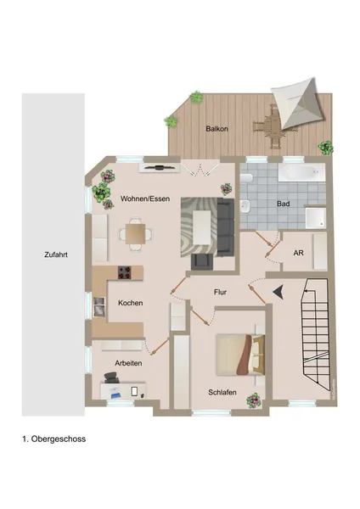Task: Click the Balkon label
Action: coord(217,129)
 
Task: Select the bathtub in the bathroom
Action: coord(301,173)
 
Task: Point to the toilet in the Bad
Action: coord(246,180)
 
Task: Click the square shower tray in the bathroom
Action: coord(314,217)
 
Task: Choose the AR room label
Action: coord(298,253)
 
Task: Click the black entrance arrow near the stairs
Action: coord(278,292)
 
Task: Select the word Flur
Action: coord(220,292)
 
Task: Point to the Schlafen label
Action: coord(222,392)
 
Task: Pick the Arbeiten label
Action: coord(128,362)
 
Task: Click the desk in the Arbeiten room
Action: coord(124,391)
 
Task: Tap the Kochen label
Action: coord(130,303)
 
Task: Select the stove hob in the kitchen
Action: coord(125,273)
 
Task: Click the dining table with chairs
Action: coord(134,232)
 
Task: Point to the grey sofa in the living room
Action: coord(224,221)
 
